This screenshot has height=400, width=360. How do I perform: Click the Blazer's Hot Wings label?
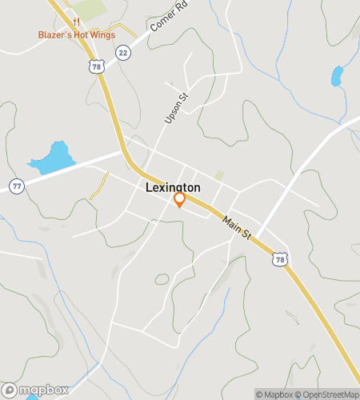coord(77,34)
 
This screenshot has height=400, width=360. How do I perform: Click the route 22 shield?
coord(122,52)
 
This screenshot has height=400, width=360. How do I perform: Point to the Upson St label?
coord(174,108)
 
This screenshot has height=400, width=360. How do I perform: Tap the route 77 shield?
coord(15,186)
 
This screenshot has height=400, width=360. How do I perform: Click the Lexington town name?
coord(173,187)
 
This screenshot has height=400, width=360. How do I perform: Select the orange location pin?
coord(180,200)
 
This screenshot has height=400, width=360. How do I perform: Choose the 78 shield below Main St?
coord(279,259)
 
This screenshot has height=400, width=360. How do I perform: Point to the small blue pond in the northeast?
coord(337,77)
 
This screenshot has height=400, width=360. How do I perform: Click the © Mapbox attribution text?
coord(274,394)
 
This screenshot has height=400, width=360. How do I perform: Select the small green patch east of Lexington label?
coord(219,175)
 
